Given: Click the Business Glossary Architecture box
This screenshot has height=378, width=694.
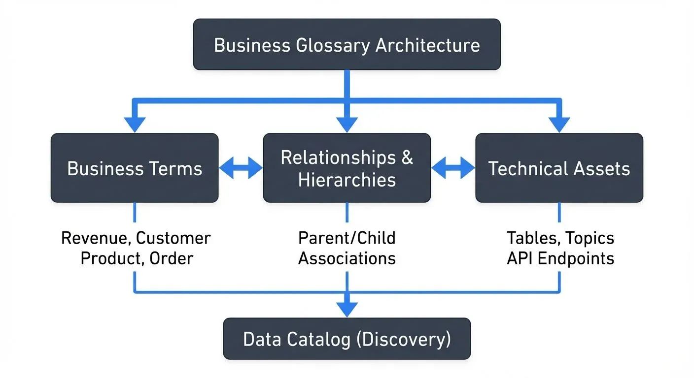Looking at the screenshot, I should (x=347, y=44).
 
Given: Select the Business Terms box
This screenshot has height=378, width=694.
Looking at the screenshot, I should (x=135, y=168).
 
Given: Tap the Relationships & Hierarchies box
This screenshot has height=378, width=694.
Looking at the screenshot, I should (x=347, y=168).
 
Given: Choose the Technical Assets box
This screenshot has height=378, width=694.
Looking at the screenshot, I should (x=559, y=168).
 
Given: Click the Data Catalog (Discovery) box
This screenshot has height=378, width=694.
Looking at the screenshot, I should (x=347, y=339).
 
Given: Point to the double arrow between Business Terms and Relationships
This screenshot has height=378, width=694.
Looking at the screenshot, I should (x=241, y=168).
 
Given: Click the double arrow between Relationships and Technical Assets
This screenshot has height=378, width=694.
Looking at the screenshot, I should (x=453, y=168).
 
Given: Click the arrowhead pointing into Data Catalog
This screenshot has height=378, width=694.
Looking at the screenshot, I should (x=347, y=310).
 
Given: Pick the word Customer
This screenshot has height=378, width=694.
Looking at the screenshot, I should (x=173, y=238).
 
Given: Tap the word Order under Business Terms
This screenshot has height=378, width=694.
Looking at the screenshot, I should (x=173, y=258).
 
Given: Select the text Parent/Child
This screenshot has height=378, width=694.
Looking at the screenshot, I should (x=347, y=238).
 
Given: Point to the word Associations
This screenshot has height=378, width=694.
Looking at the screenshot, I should (x=347, y=258).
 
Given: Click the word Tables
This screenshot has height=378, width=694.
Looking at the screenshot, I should (x=532, y=238).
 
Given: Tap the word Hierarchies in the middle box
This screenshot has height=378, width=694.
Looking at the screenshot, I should (x=347, y=180).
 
